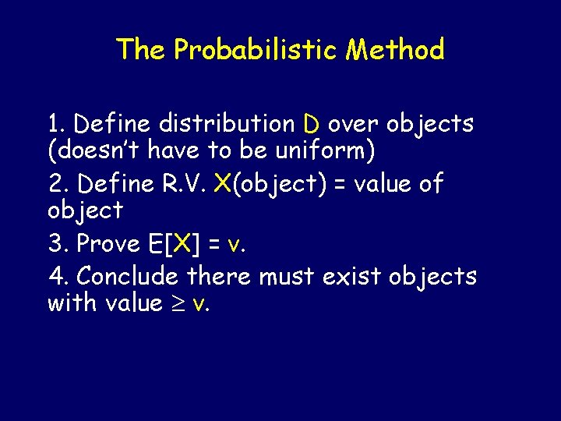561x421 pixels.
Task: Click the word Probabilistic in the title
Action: [x=256, y=50]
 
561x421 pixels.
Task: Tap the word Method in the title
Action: [x=395, y=50]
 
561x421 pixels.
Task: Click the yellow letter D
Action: [x=311, y=124]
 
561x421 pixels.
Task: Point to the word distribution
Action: [x=226, y=123]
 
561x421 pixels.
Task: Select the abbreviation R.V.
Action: [x=184, y=184]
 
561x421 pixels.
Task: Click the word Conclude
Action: [x=132, y=276]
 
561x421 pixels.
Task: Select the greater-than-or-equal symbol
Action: [x=177, y=303]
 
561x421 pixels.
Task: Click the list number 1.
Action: [x=55, y=123]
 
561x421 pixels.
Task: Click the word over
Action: [x=353, y=123]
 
